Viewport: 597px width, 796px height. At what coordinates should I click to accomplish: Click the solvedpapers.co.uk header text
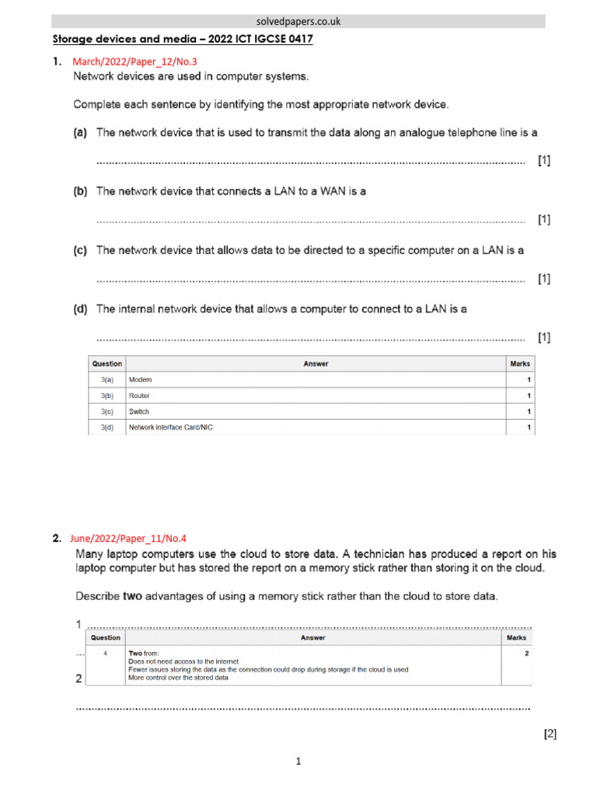pos(298,22)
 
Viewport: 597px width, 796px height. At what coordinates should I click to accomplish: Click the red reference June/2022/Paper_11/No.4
pos(128,537)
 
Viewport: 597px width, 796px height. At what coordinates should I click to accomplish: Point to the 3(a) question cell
pos(107,379)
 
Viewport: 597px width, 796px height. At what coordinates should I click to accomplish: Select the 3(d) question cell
pos(107,428)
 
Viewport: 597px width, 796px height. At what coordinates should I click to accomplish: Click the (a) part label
pos(80,133)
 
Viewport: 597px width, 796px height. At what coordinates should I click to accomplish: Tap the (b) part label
pos(80,191)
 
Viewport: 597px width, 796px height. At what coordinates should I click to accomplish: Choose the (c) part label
pos(80,250)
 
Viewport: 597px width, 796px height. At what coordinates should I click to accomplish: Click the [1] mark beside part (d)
pos(544,337)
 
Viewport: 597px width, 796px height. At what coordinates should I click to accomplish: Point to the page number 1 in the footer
pos(298,762)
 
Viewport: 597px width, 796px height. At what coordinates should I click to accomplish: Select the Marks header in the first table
pos(519,363)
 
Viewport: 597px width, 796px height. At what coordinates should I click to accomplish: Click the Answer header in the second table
pos(313,637)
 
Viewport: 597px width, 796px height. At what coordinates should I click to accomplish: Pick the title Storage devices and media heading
pos(183,39)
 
